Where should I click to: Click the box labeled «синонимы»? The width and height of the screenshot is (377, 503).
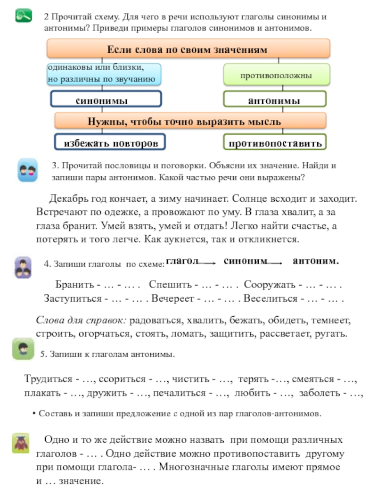coord(106,99)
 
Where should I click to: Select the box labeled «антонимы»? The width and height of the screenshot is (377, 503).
coord(274,100)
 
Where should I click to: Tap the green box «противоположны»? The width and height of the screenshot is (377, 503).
coord(276,75)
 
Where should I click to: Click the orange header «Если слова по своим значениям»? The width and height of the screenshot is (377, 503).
coord(188,49)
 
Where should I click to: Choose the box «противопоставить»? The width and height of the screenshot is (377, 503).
coord(275,142)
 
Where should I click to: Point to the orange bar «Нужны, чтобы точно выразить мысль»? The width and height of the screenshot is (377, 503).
coord(190,121)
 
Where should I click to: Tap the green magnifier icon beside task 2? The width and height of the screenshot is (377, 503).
coord(24,16)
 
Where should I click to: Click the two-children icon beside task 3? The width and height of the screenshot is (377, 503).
coord(27,170)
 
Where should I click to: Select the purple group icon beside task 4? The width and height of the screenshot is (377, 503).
coord(23,267)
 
